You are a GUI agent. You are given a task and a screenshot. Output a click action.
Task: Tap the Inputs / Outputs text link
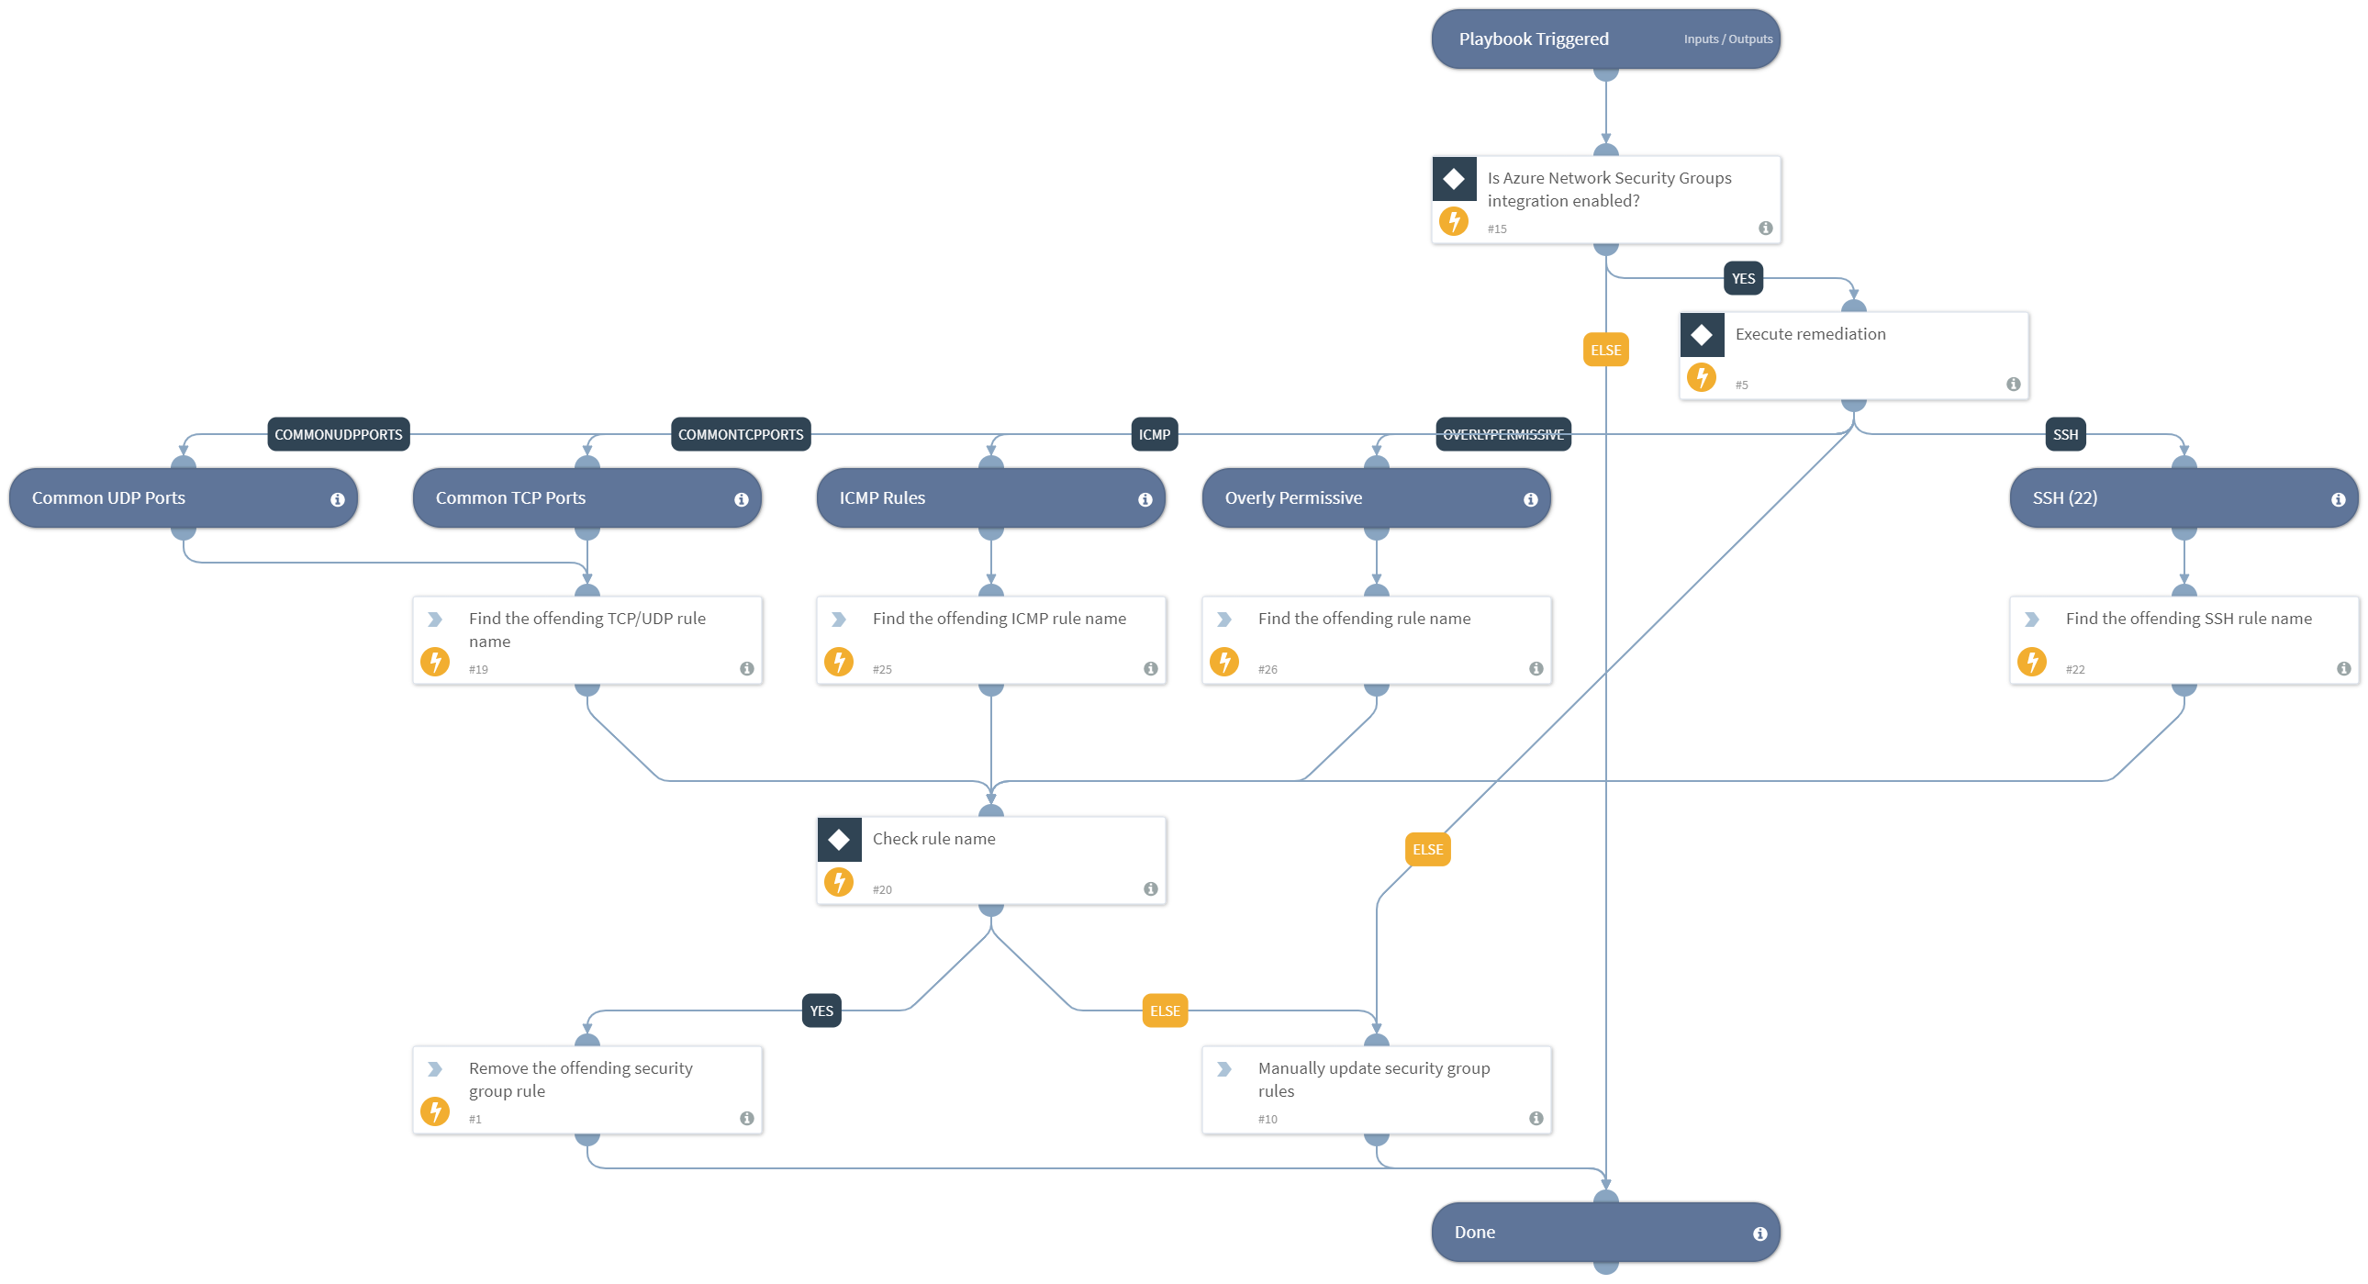1727,39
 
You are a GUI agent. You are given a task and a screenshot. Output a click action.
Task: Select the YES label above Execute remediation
1743,278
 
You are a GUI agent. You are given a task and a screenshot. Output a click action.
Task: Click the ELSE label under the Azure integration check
1605,351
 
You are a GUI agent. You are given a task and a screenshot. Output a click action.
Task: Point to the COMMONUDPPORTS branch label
339,435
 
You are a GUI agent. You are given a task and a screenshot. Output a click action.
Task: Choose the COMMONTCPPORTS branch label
740,435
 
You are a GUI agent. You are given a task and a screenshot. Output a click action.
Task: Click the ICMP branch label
1154,435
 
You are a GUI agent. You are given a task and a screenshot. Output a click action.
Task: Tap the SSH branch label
2064,435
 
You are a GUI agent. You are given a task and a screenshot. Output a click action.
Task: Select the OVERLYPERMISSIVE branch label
1502,435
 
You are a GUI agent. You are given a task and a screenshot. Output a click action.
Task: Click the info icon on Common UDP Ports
338,500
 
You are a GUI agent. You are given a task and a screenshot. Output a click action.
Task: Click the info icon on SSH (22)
2338,500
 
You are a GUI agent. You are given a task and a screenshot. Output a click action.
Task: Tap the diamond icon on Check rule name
838,840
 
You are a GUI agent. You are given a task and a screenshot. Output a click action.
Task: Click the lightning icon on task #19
435,662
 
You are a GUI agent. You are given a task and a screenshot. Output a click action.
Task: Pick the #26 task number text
1267,670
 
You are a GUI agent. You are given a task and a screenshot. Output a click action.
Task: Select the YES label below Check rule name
821,1011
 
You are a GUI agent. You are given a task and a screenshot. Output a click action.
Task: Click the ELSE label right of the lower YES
1164,1011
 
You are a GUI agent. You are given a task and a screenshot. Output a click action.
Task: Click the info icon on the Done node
1759,1234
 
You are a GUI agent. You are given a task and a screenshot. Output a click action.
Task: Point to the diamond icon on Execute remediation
1701,336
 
